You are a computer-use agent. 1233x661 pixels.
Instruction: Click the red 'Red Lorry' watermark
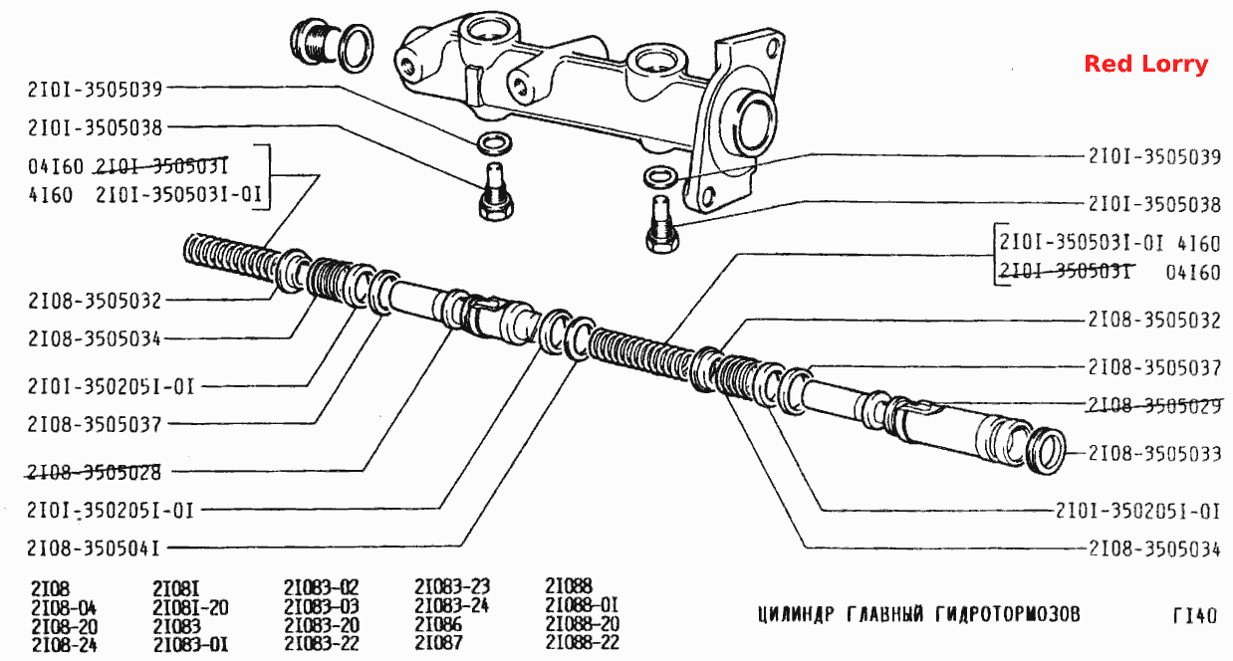coord(1146,64)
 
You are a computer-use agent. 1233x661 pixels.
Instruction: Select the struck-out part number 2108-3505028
coord(94,472)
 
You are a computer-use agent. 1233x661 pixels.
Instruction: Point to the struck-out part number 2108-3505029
coord(1154,405)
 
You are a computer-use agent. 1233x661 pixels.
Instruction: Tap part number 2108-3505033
coord(1154,454)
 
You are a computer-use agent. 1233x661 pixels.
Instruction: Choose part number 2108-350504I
coord(94,549)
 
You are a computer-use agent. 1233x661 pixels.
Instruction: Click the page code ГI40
coord(1194,615)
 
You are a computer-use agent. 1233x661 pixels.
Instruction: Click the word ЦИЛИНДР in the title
coord(796,614)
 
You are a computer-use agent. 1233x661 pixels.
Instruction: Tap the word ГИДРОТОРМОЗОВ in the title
coord(1007,613)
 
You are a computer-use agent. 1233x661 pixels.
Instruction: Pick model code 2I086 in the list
coord(438,624)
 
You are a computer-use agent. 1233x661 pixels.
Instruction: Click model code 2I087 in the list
coord(438,642)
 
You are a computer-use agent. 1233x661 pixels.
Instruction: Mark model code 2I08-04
coord(64,608)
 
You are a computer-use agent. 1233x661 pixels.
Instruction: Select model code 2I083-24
coord(451,605)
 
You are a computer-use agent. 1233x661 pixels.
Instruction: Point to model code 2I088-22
coord(583,642)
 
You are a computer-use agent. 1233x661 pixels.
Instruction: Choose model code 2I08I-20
coord(190,607)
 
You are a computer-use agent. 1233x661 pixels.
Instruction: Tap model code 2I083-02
coord(322,587)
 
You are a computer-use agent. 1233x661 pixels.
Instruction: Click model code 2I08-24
coord(64,644)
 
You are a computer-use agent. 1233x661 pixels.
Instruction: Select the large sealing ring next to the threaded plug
coord(356,49)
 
